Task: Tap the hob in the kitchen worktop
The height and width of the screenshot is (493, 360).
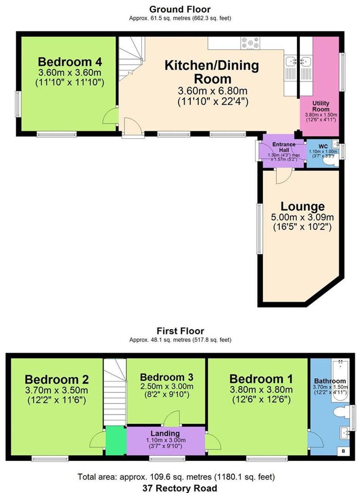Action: click(250, 43)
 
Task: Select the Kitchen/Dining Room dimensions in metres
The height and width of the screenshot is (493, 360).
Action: click(212, 91)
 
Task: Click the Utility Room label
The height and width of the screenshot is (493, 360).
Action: click(321, 106)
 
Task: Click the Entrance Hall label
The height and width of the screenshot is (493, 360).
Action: click(284, 147)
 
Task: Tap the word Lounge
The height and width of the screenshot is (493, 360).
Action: click(302, 206)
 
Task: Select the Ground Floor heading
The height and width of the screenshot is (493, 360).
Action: click(180, 9)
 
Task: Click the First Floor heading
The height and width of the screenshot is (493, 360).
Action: click(180, 331)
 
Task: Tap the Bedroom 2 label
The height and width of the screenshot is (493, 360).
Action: click(57, 379)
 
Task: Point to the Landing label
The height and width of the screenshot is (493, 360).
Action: click(165, 433)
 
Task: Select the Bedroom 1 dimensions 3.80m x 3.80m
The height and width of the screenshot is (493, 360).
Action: click(261, 389)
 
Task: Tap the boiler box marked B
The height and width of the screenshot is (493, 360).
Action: click(343, 451)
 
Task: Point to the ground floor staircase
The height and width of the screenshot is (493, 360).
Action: click(131, 58)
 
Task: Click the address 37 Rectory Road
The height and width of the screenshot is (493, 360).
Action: click(180, 488)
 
